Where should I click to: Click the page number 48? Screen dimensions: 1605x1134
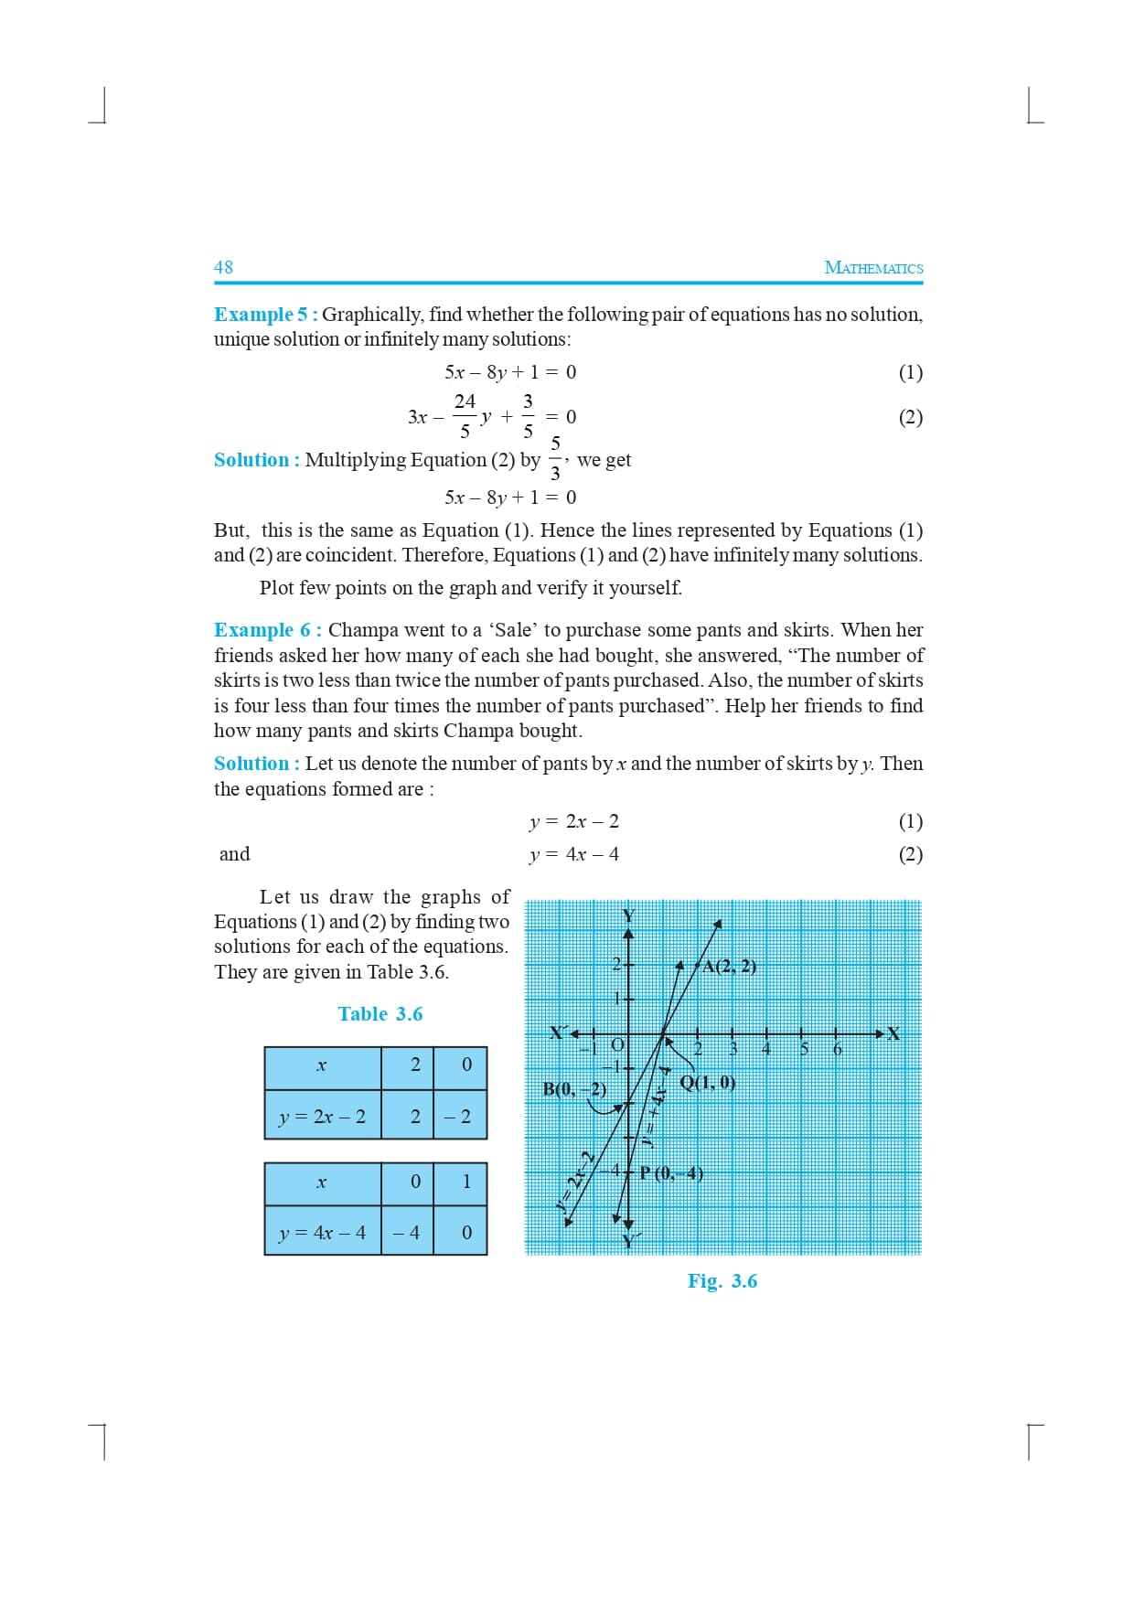click(x=223, y=267)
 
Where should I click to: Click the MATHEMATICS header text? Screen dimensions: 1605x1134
click(x=873, y=268)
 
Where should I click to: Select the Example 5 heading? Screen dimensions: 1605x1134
click(x=265, y=315)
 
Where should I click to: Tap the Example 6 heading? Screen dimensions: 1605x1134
click(x=267, y=630)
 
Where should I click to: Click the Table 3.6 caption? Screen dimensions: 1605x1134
click(x=380, y=1014)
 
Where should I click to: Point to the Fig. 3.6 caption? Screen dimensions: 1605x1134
click(x=722, y=1281)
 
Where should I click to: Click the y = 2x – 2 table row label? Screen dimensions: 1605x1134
click(x=322, y=1117)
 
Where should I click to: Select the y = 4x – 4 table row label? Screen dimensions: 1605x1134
click(x=322, y=1233)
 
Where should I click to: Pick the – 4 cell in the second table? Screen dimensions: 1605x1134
click(x=406, y=1233)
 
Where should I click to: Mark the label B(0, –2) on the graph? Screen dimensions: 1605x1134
click(x=574, y=1089)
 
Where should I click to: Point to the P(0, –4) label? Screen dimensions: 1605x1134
click(x=672, y=1173)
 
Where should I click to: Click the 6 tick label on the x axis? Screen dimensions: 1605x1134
click(x=837, y=1050)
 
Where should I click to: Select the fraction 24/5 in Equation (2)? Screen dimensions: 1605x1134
click(x=465, y=416)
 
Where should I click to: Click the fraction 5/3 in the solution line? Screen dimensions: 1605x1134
click(x=555, y=459)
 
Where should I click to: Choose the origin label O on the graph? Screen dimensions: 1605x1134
click(x=617, y=1044)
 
